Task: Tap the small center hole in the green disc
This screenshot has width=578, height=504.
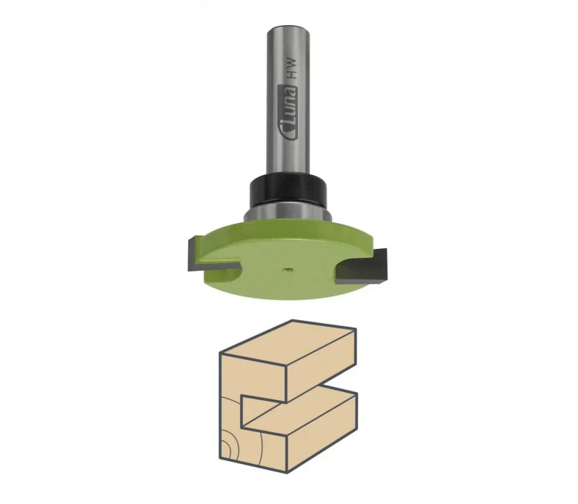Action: coord(288,270)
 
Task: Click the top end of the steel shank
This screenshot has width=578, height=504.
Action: coord(288,28)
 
